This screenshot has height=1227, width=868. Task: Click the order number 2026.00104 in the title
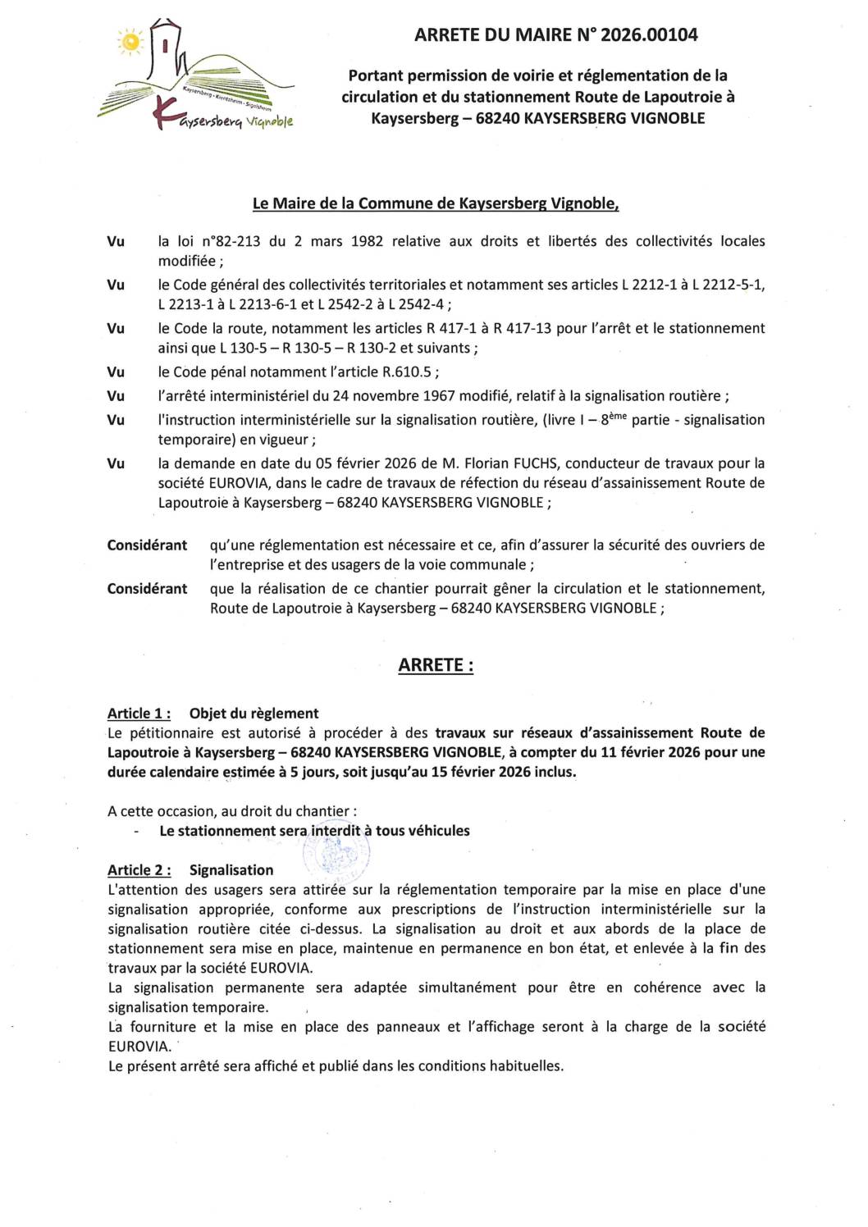coord(649,34)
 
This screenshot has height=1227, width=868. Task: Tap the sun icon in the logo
coord(130,41)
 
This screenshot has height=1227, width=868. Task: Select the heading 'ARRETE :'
coord(436,665)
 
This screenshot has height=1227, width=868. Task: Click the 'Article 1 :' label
coord(139,714)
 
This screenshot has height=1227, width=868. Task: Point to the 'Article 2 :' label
coord(139,870)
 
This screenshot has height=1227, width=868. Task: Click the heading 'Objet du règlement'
coord(254,714)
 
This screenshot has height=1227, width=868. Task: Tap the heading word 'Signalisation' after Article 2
coord(231,870)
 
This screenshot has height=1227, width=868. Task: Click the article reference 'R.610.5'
coord(406,372)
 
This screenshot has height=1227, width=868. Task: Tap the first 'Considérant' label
coord(147,545)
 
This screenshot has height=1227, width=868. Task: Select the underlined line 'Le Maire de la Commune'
coord(435,203)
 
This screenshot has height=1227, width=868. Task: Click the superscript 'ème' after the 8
coord(619,416)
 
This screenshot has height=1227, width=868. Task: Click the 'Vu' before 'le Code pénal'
coord(116,372)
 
